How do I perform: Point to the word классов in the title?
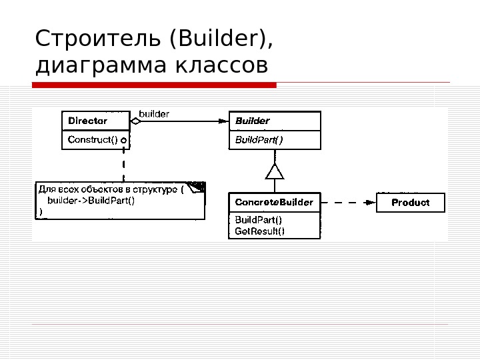tap(222, 66)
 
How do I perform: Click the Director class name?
tap(87, 121)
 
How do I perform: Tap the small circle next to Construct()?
tap(123, 141)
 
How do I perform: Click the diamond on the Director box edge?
tap(135, 121)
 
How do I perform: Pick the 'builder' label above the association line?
tap(154, 114)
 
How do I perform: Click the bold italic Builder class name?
tap(253, 121)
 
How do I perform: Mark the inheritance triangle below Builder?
tap(275, 172)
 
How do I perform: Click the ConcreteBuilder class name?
tap(274, 203)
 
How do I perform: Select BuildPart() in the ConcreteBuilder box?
tap(258, 220)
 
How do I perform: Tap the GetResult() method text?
tap(259, 231)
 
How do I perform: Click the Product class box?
tap(410, 202)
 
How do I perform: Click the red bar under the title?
tap(154, 85)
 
